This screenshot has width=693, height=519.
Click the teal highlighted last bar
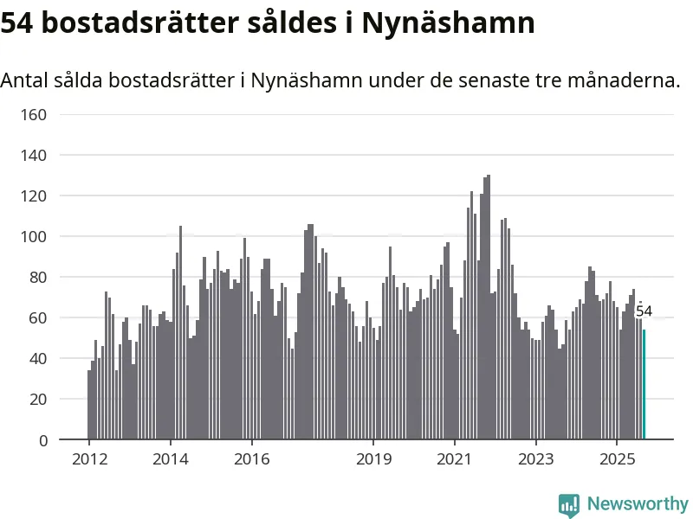coord(644,385)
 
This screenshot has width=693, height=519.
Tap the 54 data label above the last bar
coord(644,311)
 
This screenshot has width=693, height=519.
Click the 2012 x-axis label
coord(89,458)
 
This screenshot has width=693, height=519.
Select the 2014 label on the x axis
coord(171,458)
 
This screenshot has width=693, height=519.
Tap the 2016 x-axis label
coord(251,458)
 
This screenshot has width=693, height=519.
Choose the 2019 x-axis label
coord(373,458)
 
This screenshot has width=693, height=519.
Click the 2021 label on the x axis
coord(455,458)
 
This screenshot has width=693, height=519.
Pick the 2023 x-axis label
coord(535,458)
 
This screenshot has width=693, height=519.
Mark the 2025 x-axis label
coord(617,458)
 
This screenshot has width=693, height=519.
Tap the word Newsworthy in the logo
coord(638,503)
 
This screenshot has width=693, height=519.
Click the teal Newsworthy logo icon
coord(569,504)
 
